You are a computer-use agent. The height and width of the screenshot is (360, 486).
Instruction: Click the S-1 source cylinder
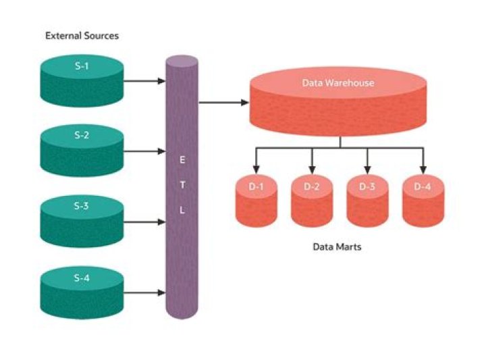82,78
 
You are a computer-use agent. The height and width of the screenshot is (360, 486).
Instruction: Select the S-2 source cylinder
82,148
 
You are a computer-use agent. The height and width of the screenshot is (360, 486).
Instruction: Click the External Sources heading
82,35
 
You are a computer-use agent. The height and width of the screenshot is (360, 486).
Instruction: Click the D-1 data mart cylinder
256,201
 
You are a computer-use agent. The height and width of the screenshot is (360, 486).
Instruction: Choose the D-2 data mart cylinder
312,201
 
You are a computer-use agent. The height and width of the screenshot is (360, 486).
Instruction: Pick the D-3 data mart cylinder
367,201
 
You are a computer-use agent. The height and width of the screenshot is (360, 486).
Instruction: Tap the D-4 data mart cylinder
423,201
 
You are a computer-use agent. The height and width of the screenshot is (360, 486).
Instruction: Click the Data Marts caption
337,247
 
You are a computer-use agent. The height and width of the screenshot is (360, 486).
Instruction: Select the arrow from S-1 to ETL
144,81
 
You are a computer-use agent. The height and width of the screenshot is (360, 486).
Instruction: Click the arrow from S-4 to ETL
144,293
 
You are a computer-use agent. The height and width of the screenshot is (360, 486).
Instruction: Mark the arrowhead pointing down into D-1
256,168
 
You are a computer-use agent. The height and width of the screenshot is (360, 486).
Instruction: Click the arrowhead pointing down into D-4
423,168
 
